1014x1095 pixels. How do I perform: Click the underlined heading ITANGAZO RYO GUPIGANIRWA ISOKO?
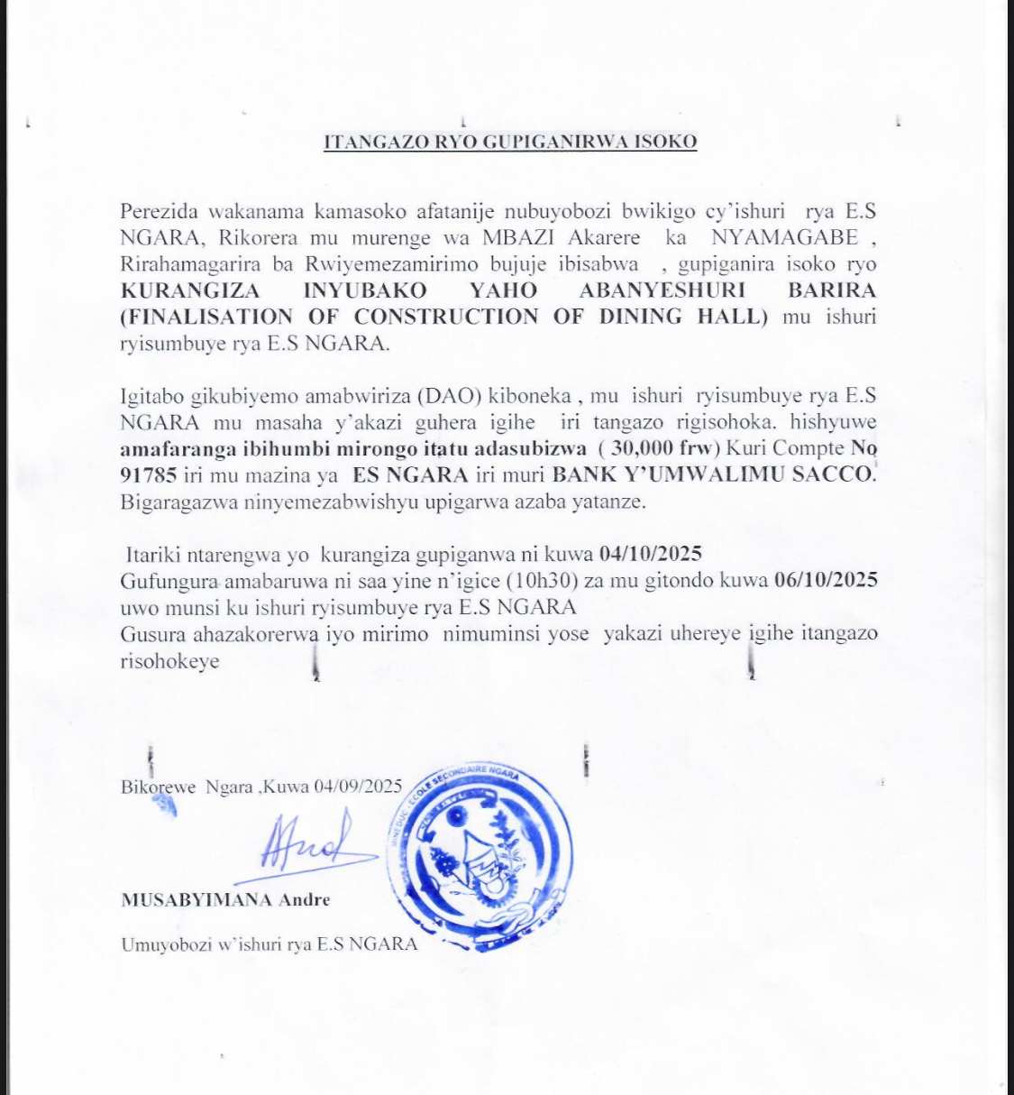pos(510,142)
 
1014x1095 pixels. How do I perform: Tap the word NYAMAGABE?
pos(783,238)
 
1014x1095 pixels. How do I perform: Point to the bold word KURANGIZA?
pos(190,290)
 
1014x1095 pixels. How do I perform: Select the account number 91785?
pos(149,474)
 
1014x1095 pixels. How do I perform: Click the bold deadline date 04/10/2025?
pos(650,553)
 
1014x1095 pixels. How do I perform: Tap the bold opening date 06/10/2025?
pos(826,579)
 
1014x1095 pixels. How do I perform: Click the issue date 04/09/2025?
pos(358,786)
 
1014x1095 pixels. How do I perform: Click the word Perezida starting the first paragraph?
pos(159,212)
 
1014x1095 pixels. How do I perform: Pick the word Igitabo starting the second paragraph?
pos(151,395)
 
